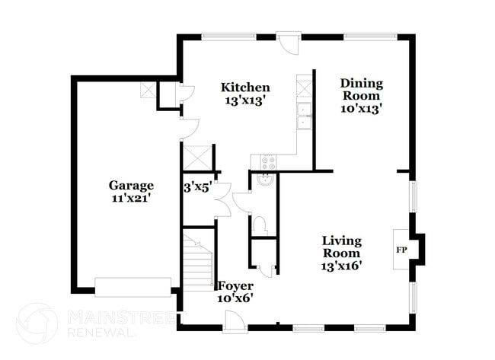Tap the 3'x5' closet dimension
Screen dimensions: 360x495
[x=196, y=186]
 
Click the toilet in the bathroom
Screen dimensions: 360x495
[x=260, y=224]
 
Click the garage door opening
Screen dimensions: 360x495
[x=133, y=287]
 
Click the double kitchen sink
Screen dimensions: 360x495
[x=305, y=116]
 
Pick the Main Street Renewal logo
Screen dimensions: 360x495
[x=37, y=323]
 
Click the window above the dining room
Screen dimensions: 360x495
[x=370, y=35]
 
